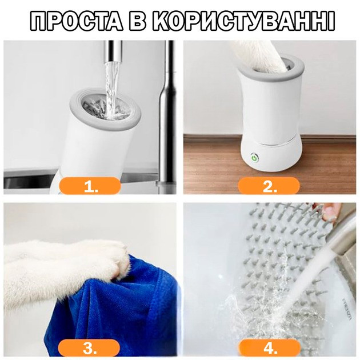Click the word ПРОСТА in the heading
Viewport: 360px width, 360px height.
(77, 21)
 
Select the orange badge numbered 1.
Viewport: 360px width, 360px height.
(90, 186)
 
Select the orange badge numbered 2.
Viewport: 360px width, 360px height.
(269, 186)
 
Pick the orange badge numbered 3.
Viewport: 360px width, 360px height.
(89, 348)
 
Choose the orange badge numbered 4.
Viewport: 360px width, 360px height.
(269, 348)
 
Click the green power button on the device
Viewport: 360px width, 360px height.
(254, 158)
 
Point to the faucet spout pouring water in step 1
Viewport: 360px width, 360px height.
(113, 51)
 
